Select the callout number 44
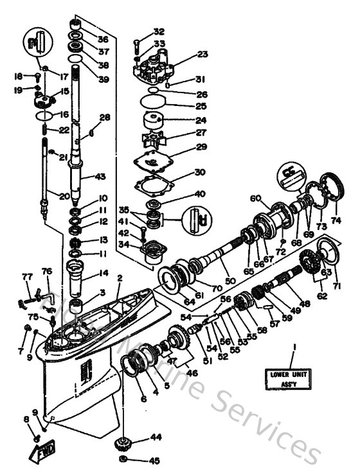coord(156,437)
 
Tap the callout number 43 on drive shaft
coord(100,177)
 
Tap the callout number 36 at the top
coord(104,40)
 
